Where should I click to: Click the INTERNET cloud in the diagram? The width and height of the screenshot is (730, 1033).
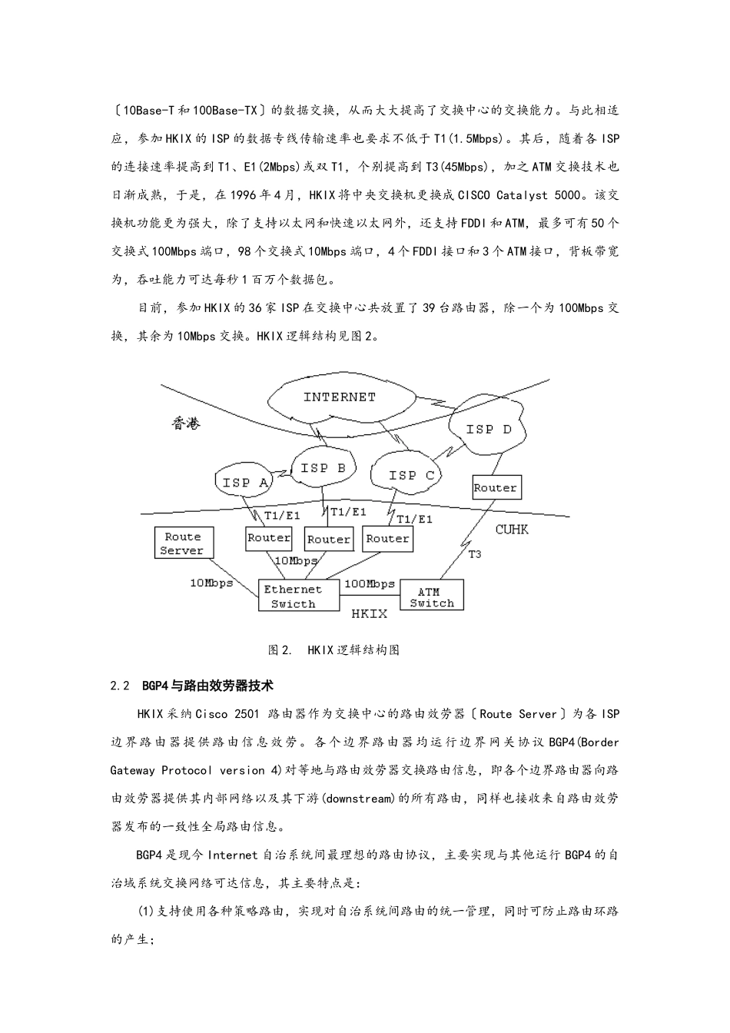[339, 397]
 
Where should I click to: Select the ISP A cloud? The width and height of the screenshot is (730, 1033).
[244, 482]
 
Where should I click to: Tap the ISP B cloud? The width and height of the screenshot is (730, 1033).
[323, 467]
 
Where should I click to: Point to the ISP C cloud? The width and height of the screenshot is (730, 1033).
[411, 475]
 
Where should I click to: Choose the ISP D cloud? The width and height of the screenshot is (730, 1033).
[488, 429]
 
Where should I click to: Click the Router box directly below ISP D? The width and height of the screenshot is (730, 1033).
[495, 487]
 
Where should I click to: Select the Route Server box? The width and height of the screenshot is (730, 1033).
[183, 543]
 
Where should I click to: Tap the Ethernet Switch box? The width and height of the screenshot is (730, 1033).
[299, 596]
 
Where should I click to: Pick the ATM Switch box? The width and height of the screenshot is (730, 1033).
[432, 596]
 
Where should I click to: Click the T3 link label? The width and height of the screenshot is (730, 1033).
[475, 553]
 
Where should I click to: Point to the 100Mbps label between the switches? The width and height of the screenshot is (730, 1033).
[369, 583]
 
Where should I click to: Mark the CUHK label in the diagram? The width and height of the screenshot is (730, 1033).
[512, 530]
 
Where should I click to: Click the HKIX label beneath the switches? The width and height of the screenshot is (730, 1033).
[369, 613]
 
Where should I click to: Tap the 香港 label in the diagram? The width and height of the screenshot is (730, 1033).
[185, 423]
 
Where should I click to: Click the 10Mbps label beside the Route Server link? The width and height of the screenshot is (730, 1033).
[211, 583]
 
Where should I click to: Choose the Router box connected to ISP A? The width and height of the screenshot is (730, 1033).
[268, 538]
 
